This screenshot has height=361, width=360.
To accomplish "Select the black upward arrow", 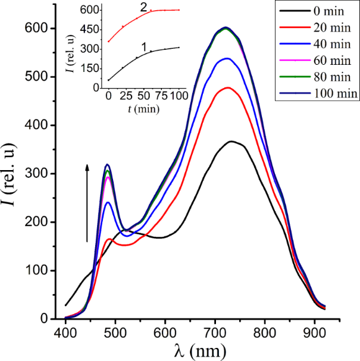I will click(x=87, y=202).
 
